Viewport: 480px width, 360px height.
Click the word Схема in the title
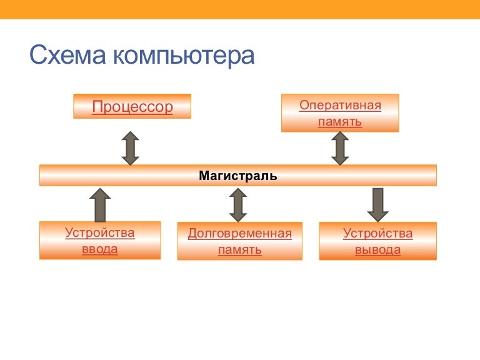point(67,55)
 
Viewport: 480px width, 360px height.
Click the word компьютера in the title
point(184,57)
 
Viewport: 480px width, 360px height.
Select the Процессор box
point(132,106)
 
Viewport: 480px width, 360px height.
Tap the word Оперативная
point(340,105)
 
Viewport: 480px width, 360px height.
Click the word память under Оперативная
point(340,122)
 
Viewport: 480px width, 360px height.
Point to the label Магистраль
point(238,176)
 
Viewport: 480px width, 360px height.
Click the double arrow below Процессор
point(131,149)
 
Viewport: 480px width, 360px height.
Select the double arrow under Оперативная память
point(340,149)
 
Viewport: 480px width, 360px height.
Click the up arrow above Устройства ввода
point(100,205)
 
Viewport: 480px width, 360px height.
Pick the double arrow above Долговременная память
point(238,205)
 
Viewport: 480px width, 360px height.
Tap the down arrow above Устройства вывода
point(378,205)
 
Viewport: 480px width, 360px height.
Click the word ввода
point(100,249)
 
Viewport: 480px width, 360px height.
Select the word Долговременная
point(240,234)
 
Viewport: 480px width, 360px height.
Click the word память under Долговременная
point(240,250)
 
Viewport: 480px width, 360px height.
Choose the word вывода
point(377,250)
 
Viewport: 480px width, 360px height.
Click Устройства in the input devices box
point(100,233)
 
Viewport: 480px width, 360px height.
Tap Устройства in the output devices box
point(377,234)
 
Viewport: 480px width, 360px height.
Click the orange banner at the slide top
point(240,9)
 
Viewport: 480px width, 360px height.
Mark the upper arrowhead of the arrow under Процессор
point(131,136)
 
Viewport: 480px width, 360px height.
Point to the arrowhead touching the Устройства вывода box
point(378,216)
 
